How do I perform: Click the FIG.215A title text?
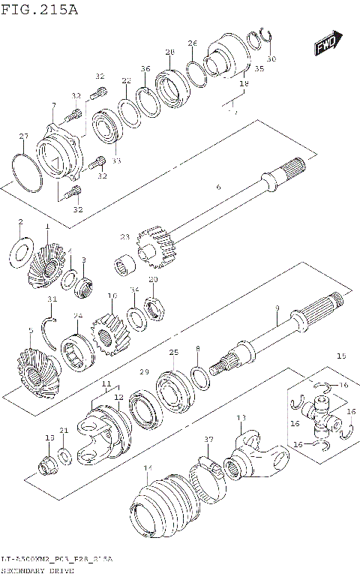[39, 10]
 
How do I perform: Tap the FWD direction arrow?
[328, 45]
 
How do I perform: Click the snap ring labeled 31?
[50, 329]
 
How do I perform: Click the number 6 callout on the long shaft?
[217, 188]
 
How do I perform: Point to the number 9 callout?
[277, 308]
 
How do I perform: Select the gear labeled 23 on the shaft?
[153, 247]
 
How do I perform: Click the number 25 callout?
[173, 353]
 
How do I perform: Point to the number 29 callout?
[144, 372]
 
